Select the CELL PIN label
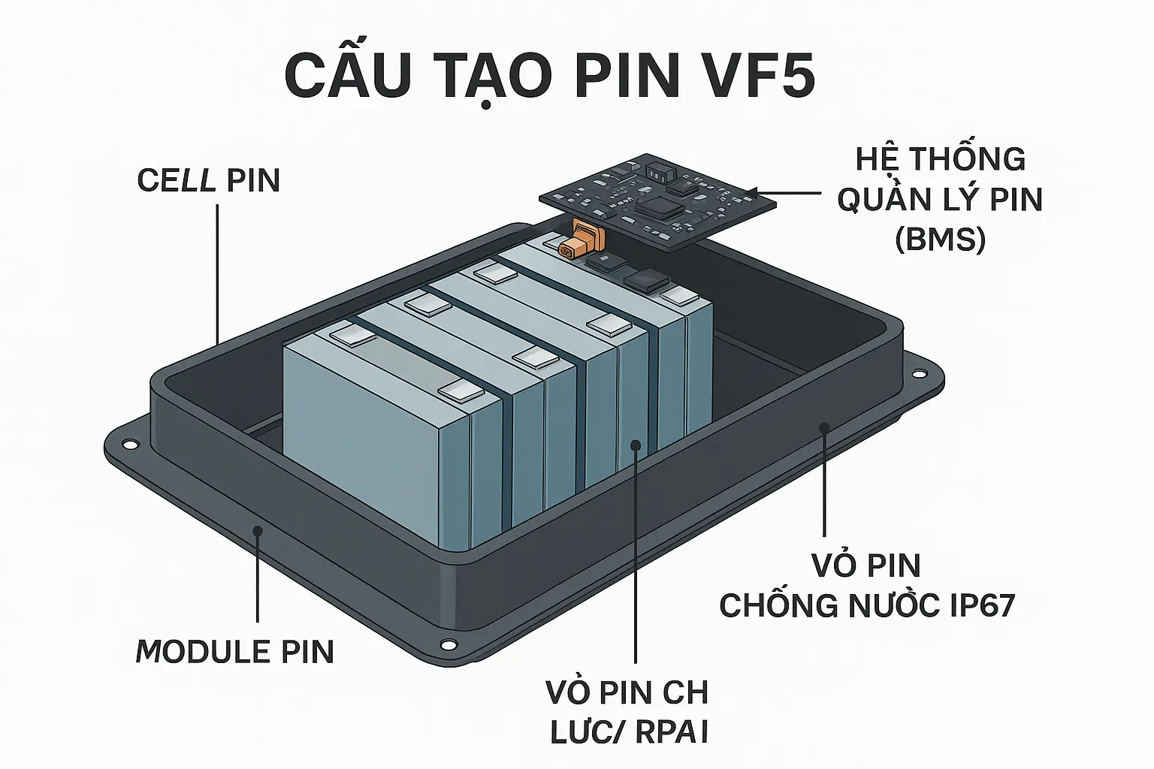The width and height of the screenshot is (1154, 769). (208, 181)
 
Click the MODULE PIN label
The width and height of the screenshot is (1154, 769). (235, 652)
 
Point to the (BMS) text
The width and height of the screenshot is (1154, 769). (940, 240)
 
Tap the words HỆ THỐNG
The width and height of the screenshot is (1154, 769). (941, 159)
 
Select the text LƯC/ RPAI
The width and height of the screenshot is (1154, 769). (630, 733)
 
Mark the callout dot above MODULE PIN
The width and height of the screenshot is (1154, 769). (258, 530)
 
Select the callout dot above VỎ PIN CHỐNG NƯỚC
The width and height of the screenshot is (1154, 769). (824, 427)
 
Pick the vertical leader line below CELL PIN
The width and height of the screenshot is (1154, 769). (218, 270)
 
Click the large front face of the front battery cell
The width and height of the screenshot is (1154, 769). (361, 443)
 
